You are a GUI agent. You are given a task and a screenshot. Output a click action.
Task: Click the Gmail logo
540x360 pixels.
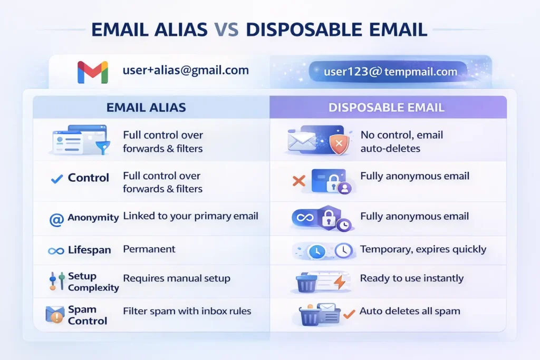(x=93, y=72)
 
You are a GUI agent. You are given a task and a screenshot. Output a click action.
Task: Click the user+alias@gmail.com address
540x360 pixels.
(x=186, y=70)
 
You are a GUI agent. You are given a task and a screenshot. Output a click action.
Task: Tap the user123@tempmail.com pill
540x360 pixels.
(x=390, y=72)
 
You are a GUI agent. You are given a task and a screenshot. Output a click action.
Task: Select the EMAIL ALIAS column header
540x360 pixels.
(x=146, y=108)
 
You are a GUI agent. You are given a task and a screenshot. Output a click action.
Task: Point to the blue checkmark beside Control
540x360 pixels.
(x=56, y=179)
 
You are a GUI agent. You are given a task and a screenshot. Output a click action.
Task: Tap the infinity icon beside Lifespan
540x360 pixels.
(x=56, y=250)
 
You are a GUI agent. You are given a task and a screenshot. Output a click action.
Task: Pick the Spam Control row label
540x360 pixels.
(x=88, y=315)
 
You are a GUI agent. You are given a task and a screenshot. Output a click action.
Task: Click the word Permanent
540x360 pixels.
(x=149, y=249)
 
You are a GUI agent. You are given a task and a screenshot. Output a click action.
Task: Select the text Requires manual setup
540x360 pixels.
(x=177, y=278)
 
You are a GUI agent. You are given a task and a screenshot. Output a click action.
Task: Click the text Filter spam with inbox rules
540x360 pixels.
(x=187, y=311)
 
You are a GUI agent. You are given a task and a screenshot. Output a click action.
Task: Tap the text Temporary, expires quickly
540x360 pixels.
(x=423, y=249)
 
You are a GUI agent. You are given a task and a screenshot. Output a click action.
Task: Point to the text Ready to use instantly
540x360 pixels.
(x=412, y=278)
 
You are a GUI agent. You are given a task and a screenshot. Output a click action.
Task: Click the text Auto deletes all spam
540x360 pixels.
(x=410, y=311)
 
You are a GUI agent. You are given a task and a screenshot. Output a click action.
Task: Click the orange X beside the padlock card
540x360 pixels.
(x=298, y=182)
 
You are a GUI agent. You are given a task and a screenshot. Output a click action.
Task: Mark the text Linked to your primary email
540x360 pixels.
(x=191, y=216)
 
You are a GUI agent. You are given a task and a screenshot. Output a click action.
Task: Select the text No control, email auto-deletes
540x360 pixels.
(x=402, y=141)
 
